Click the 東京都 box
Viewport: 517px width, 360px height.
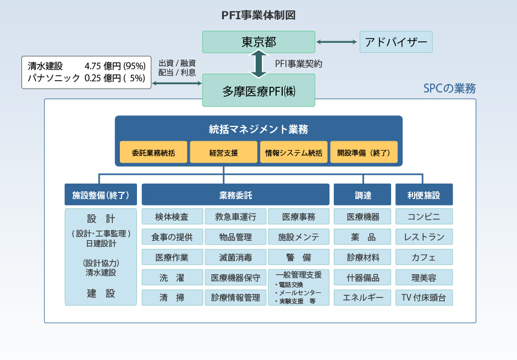tap(258, 42)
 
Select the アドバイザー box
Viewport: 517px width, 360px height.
tap(396, 42)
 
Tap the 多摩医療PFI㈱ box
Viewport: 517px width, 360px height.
tap(258, 91)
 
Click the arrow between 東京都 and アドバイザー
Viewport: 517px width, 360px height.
tap(337, 42)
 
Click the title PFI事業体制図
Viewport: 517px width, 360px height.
tap(258, 15)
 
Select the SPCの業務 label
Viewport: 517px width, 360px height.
tap(449, 88)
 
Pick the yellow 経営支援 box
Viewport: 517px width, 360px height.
tap(223, 152)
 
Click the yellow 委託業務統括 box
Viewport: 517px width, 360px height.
tap(153, 152)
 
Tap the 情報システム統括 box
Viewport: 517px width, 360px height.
tap(294, 152)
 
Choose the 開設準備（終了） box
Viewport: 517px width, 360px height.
tap(364, 152)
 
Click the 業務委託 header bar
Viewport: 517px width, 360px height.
tap(235, 195)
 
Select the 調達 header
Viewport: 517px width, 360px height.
tap(362, 195)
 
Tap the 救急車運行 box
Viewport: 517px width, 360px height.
tap(235, 217)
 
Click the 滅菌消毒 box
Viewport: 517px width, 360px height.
tap(235, 257)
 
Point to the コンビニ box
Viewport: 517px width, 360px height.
tap(424, 217)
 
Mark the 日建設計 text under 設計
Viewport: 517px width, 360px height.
tap(101, 243)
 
